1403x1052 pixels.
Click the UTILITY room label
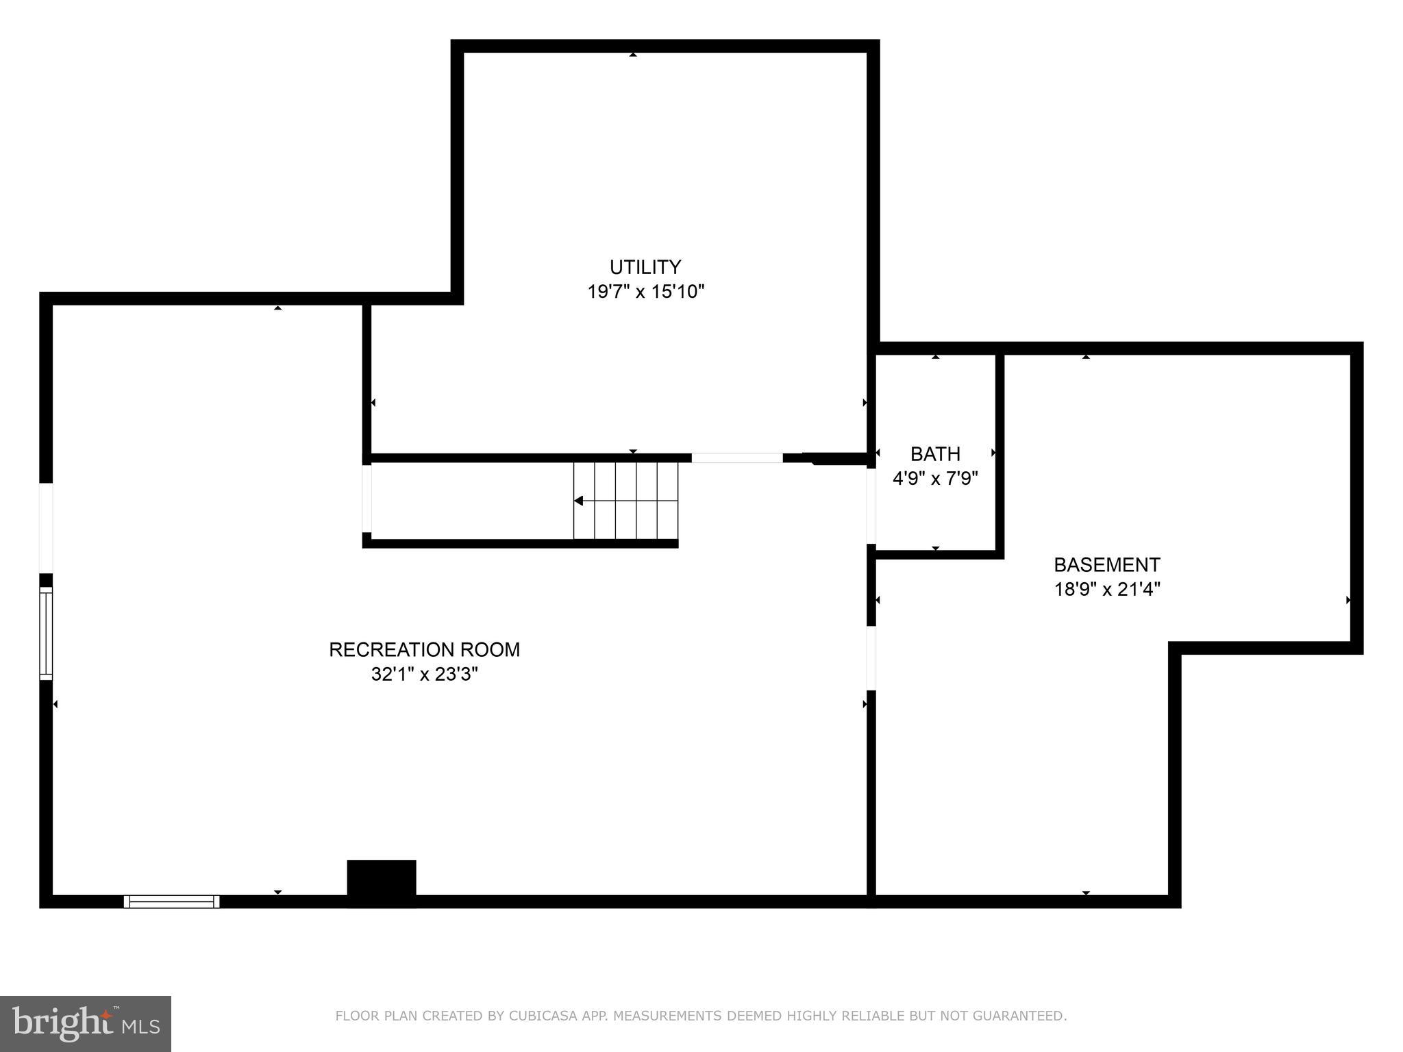click(645, 266)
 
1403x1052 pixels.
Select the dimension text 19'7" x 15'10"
click(645, 292)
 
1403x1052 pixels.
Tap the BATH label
click(935, 453)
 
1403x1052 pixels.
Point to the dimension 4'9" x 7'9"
click(935, 478)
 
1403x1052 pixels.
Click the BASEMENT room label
click(1106, 564)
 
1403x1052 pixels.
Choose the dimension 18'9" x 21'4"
click(1106, 589)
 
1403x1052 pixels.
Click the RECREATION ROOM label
click(424, 649)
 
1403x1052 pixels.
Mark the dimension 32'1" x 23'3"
click(424, 674)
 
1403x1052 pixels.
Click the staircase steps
click(625, 501)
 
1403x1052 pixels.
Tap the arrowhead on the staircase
click(579, 501)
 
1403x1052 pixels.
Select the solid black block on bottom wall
click(382, 882)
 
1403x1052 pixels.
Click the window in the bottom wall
click(171, 901)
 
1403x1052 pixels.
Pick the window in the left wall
click(46, 633)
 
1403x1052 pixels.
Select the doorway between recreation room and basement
click(871, 658)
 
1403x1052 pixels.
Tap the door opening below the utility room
click(736, 458)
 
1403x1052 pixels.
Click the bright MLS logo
click(86, 1023)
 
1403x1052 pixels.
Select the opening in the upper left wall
click(46, 527)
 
